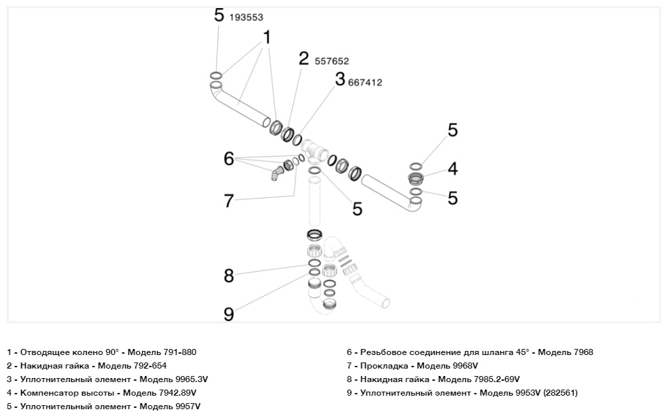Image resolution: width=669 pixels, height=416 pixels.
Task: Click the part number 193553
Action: (x=246, y=18)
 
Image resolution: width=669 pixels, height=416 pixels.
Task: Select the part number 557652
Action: (x=332, y=61)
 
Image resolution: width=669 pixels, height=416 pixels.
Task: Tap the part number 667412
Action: (x=365, y=83)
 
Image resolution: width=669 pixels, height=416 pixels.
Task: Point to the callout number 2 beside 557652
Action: (x=304, y=58)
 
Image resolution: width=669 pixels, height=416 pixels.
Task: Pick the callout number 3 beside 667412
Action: (x=339, y=79)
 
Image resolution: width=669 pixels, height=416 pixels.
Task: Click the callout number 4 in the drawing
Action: (x=452, y=169)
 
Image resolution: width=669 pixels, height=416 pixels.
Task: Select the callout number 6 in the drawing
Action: (x=229, y=159)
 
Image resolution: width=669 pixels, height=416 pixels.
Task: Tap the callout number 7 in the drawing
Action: (x=229, y=201)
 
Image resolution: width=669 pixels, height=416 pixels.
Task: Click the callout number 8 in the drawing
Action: (x=229, y=275)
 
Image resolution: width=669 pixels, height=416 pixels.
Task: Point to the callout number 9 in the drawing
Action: (x=229, y=314)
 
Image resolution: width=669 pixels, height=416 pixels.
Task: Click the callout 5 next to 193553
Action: (x=218, y=15)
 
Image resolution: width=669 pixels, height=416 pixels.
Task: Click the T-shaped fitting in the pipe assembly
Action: (x=314, y=150)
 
